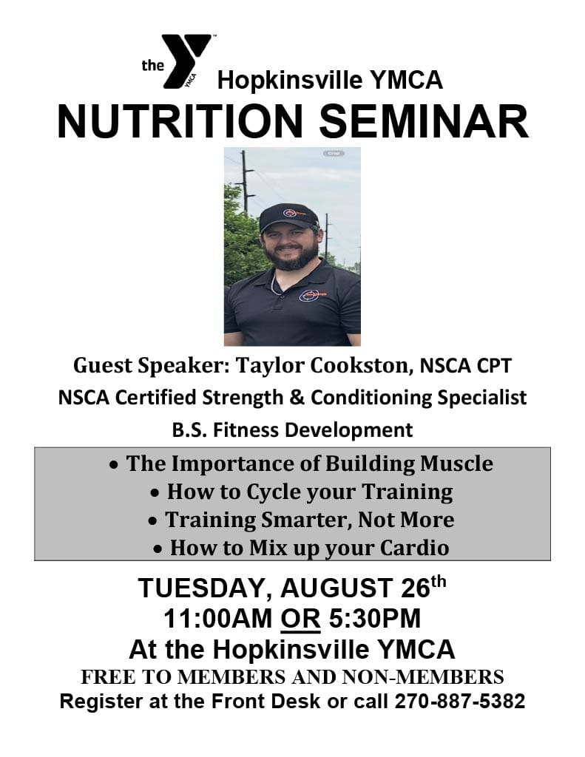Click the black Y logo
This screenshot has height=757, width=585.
pos(186,61)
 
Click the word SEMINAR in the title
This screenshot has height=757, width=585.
pos(424,121)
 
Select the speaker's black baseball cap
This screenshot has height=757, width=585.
pos(288,217)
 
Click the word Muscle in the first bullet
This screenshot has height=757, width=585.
pos(456,464)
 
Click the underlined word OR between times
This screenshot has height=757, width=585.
pos(300,619)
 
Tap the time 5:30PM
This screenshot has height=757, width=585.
pos(375,619)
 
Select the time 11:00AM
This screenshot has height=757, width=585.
pos(218,619)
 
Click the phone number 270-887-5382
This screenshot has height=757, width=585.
pos(460,701)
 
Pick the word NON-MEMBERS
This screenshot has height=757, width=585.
pos(423,677)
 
